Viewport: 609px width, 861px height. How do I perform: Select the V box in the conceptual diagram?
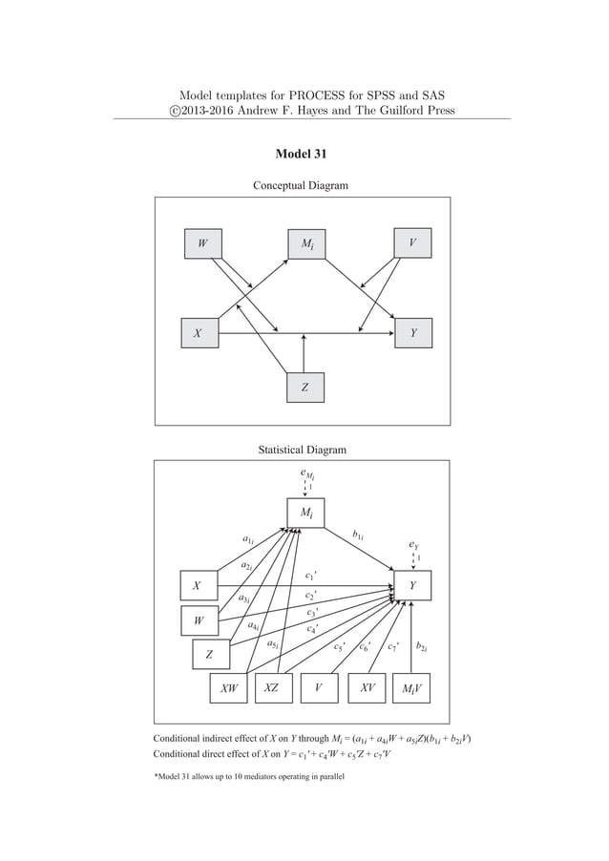(412, 243)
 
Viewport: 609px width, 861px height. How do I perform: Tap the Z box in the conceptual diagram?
(304, 388)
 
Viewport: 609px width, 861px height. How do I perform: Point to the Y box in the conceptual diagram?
(412, 334)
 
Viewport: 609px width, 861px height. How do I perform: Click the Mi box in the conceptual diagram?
(306, 243)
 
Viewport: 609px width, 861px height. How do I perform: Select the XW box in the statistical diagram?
(229, 688)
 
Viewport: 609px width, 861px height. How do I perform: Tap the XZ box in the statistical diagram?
(272, 688)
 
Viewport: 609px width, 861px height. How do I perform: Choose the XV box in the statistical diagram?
(367, 688)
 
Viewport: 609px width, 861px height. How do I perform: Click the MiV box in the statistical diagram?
(412, 688)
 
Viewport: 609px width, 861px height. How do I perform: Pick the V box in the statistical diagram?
(319, 688)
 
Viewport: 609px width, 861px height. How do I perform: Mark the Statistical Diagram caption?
(302, 449)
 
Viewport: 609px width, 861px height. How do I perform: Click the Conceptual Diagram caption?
(300, 184)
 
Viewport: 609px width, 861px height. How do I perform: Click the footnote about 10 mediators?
(249, 778)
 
